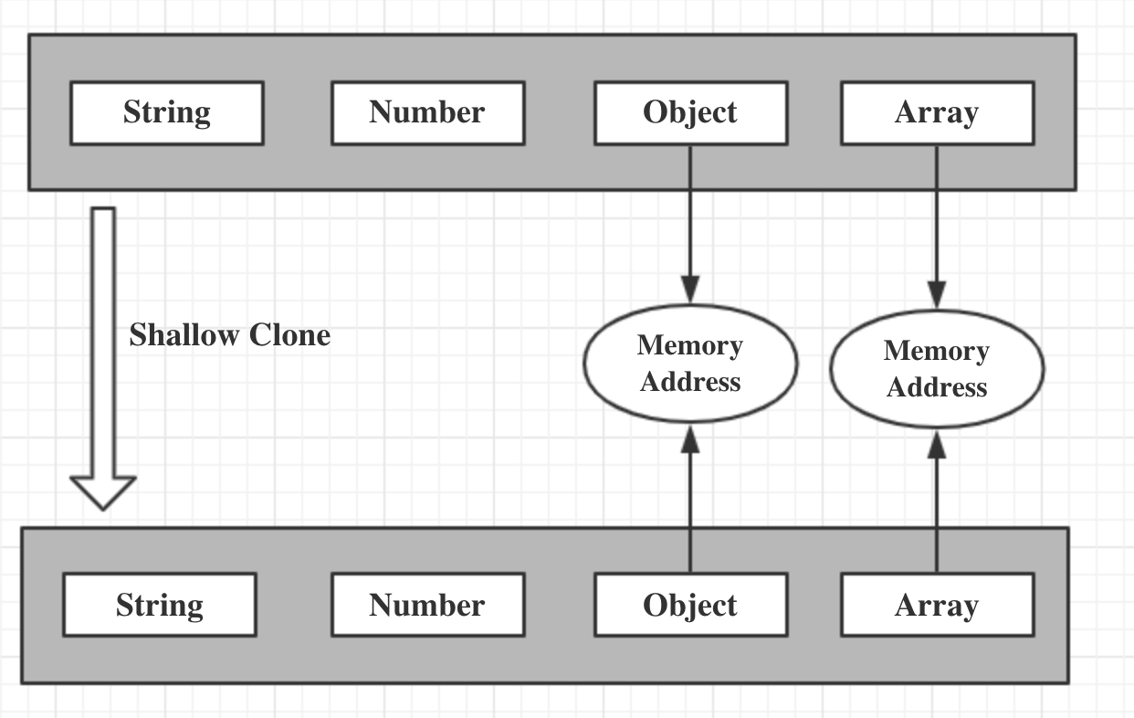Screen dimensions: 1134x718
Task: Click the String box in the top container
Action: (167, 113)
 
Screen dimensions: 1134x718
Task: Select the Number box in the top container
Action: (428, 113)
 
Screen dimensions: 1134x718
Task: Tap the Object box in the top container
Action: (691, 113)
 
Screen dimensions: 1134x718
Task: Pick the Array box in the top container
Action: (938, 113)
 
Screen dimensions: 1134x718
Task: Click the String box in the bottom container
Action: (160, 605)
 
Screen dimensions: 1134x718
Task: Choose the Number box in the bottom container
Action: (428, 605)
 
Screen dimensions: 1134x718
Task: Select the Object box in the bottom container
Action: (691, 605)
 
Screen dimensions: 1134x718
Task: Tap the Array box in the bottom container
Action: (938, 605)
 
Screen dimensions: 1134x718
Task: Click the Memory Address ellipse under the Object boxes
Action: (690, 363)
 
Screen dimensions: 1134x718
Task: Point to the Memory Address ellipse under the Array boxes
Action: (937, 369)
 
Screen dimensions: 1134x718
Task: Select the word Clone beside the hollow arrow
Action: (289, 335)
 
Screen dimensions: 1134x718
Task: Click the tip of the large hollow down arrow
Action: (103, 510)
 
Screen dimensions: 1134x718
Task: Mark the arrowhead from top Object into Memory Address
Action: (690, 290)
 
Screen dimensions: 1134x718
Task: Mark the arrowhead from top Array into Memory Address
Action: (937, 295)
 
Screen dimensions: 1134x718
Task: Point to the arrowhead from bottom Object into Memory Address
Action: (690, 438)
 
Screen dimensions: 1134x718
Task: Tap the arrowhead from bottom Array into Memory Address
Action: (937, 445)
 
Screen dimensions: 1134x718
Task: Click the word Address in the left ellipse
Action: (690, 382)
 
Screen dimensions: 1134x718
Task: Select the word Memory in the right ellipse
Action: (937, 352)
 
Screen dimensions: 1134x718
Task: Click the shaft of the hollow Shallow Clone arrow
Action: (103, 342)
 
